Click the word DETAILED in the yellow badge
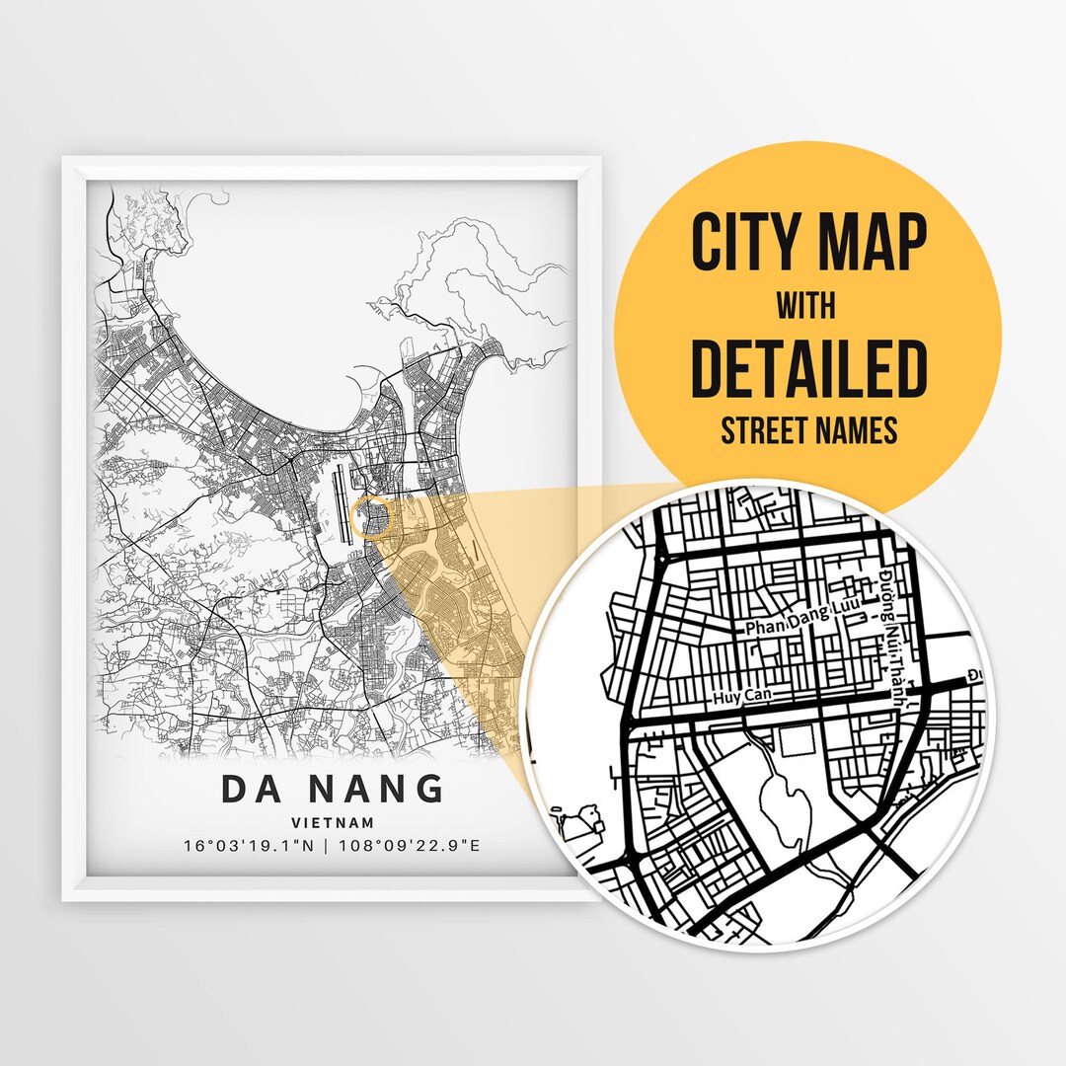808,367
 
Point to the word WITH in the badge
805,306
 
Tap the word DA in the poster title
250,790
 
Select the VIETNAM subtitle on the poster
332,822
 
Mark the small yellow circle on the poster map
372,517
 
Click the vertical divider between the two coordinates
332,846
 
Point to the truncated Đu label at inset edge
976,675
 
